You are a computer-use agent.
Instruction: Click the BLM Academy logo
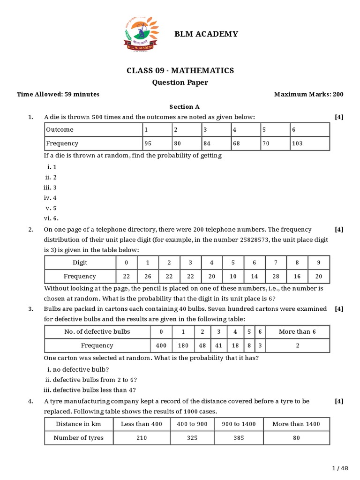click(x=141, y=34)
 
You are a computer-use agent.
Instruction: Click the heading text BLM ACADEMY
click(x=206, y=34)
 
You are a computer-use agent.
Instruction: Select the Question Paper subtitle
click(x=180, y=82)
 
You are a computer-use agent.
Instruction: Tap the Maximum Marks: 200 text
click(x=308, y=94)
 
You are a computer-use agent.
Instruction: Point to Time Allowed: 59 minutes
click(x=58, y=94)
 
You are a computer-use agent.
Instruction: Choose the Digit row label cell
click(x=80, y=262)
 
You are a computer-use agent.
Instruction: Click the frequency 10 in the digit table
click(x=233, y=277)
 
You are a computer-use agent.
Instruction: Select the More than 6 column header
click(x=297, y=331)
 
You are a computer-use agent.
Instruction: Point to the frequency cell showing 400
click(x=161, y=345)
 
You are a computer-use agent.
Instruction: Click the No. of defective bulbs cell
click(x=97, y=331)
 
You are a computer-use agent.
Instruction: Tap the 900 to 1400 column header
click(x=239, y=424)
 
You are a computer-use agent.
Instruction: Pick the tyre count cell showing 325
click(x=192, y=438)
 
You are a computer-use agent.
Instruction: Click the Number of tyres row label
click(x=79, y=438)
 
